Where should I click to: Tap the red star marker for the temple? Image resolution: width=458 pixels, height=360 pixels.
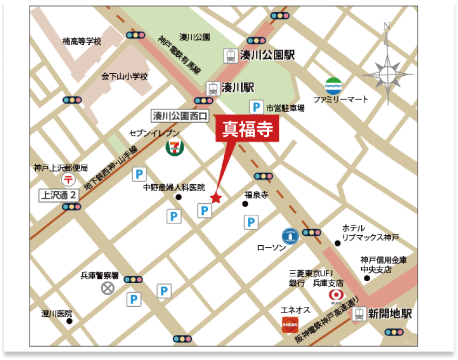point(216,198)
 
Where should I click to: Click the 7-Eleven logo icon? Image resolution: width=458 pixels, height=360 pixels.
point(176,147)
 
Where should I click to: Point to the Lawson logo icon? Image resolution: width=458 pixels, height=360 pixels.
point(291,235)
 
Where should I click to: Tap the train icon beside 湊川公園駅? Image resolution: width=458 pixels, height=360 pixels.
point(230,55)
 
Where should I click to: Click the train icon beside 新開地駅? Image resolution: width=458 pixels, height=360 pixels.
point(360,314)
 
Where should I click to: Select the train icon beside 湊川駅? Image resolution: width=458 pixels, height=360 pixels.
point(212,88)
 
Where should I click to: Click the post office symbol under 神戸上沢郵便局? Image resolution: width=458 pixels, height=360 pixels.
point(68,180)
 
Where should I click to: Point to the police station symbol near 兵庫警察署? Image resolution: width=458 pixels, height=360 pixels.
point(107,288)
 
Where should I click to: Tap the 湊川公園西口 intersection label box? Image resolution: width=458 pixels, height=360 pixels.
point(181,115)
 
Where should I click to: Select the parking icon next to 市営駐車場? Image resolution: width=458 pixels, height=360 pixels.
point(256,108)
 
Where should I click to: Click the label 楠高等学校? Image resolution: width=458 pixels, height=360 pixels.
point(82,41)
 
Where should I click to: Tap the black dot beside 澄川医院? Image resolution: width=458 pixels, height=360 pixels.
point(69,320)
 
